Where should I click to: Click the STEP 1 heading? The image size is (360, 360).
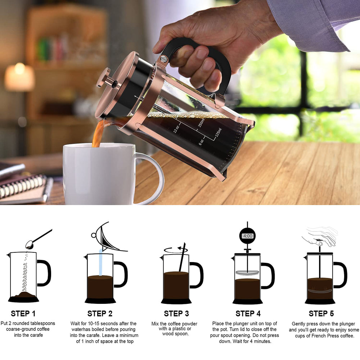(x=23, y=314)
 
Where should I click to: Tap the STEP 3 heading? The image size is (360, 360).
(x=176, y=314)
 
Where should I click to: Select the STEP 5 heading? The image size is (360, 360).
(x=321, y=314)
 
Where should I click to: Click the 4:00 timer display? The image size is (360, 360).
(x=248, y=236)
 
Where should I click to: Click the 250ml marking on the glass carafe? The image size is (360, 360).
(x=201, y=123)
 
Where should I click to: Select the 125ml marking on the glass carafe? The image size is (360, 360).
(x=219, y=134)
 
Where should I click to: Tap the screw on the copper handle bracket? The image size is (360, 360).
(x=164, y=59)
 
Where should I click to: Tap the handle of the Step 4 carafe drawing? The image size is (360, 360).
(x=268, y=275)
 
